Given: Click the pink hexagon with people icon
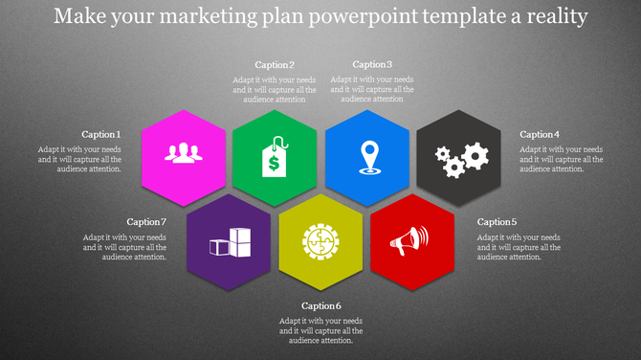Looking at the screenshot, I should point(184,156).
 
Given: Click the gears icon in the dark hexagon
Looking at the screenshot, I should point(459,157).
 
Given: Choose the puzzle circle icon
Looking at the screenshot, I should point(320,241).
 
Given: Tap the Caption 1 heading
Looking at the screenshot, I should point(101,135).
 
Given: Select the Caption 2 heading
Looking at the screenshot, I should point(275,65).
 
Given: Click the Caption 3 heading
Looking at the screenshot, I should point(372,65).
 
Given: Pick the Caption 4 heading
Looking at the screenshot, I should point(540,135).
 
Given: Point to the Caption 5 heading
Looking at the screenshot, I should point(497,222).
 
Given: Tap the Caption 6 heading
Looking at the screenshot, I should point(321,306).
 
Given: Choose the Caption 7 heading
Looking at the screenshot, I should point(146,222).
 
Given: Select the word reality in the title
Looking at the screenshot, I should point(553,16).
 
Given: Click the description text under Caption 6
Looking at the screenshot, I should point(321,329).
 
